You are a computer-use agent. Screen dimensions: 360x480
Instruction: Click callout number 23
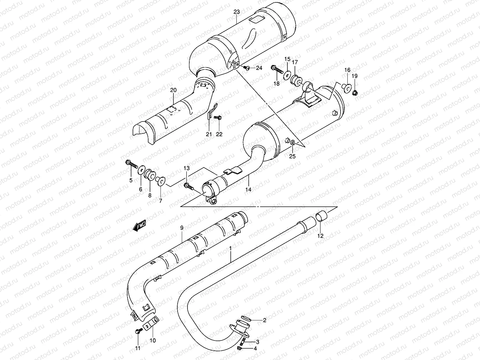click(237, 12)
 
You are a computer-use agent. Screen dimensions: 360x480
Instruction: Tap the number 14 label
click(248, 189)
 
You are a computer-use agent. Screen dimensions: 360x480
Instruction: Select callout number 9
click(181, 228)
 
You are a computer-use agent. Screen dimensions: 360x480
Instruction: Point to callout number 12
click(320, 236)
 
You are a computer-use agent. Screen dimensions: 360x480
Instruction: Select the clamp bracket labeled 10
click(151, 325)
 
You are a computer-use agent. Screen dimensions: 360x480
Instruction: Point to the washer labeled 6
click(141, 171)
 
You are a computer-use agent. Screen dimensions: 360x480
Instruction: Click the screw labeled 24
click(247, 68)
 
